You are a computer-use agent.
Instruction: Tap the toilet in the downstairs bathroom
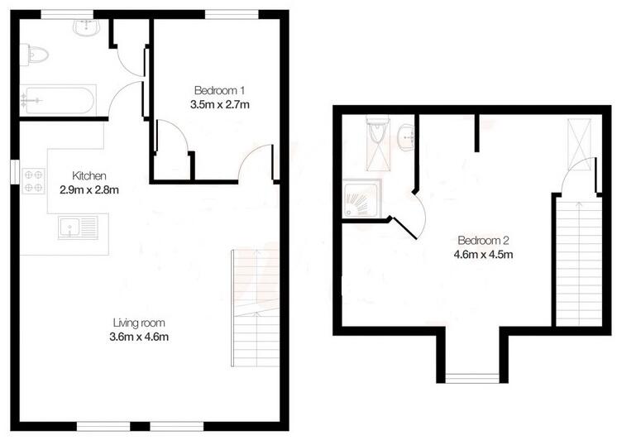pos(37,55)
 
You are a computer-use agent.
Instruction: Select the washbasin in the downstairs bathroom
pos(86,28)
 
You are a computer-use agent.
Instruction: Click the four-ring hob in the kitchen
pos(34,181)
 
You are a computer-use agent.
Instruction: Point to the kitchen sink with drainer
pos(78,226)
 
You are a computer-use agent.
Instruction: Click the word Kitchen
pos(89,175)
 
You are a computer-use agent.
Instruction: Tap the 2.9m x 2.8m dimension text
pos(89,189)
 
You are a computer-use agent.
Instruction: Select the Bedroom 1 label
pos(219,90)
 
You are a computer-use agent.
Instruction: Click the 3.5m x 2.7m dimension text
pos(219,104)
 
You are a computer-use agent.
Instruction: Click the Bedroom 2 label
pos(485,241)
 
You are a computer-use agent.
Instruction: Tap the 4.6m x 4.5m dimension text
pos(485,255)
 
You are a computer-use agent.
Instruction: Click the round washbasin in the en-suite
pos(404,137)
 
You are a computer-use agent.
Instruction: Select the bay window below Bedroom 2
pos(468,379)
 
